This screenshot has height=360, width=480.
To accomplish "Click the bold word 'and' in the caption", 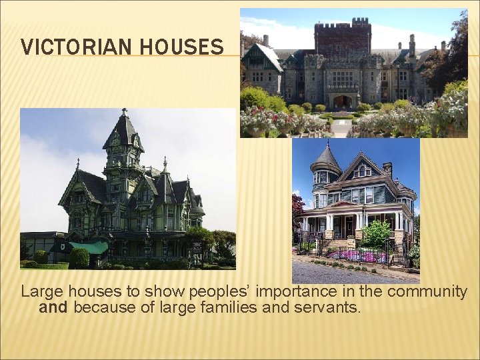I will click(x=53, y=308).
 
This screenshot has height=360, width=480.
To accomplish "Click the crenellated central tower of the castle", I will click(x=341, y=39).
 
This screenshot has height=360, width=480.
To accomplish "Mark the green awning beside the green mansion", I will click(x=89, y=248).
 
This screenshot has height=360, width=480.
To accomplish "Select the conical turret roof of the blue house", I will click(x=327, y=159).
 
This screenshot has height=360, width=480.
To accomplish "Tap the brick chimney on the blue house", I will click(x=387, y=169).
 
